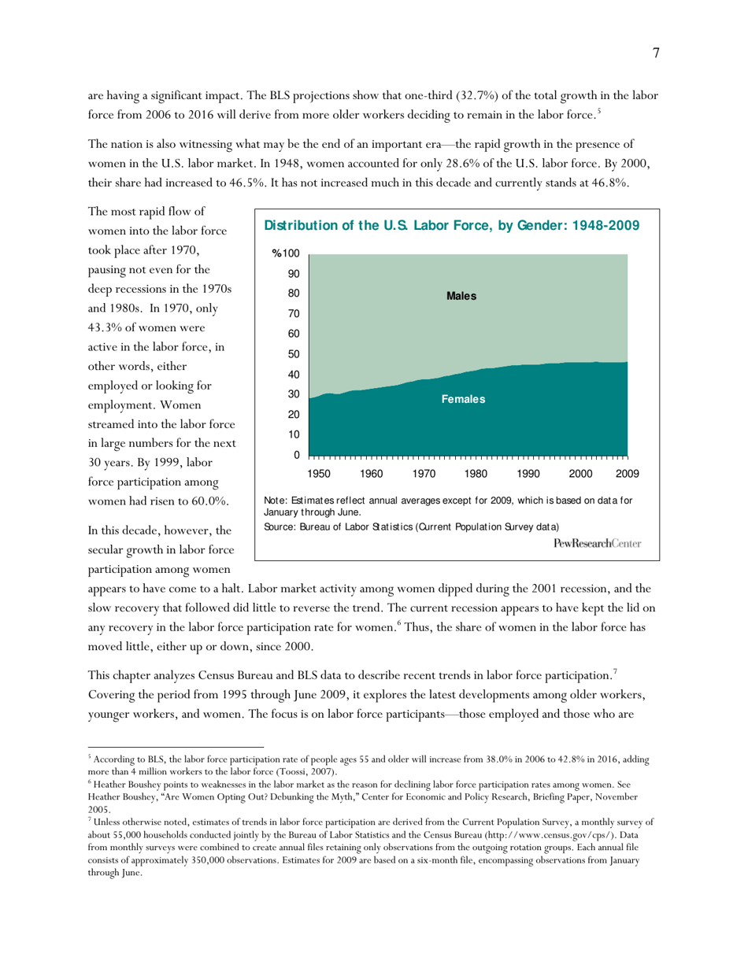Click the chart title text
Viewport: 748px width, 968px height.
[x=451, y=226]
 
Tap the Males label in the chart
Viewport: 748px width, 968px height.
[x=461, y=296]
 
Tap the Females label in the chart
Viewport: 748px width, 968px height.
[x=462, y=399]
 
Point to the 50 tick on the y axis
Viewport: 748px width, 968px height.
[x=293, y=354]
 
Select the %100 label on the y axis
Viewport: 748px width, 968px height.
[x=286, y=253]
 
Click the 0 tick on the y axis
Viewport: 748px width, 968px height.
[x=296, y=455]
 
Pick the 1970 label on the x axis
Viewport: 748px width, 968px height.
[x=424, y=474]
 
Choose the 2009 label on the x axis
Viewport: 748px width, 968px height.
[x=627, y=474]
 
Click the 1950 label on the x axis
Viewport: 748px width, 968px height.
[x=319, y=474]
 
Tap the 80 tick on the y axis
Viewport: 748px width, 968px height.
[x=293, y=294]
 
